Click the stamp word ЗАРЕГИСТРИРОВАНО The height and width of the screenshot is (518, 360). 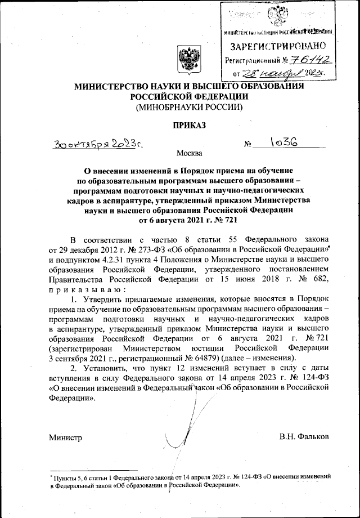point(279,44)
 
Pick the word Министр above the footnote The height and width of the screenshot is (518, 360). point(65,437)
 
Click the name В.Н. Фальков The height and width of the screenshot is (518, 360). point(304,437)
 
